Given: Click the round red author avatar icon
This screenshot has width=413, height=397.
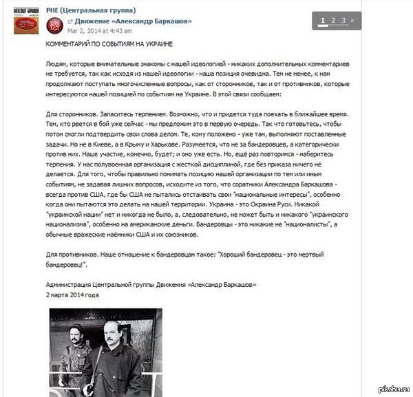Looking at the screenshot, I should click(x=55, y=25).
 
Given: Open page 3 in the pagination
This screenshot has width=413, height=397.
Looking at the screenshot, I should click(x=343, y=20).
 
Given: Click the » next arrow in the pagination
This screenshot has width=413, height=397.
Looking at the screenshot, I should click(x=352, y=20).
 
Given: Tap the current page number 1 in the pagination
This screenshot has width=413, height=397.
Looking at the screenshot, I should click(x=322, y=20).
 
